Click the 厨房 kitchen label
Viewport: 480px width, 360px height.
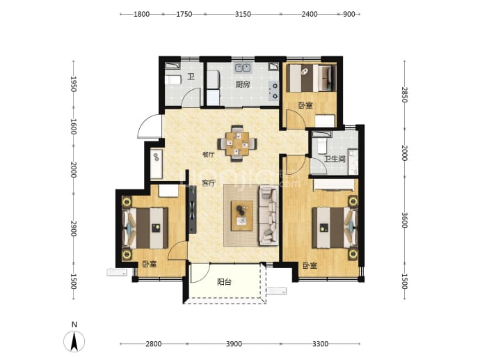point(243,84)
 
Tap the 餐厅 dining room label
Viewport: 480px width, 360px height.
point(208,155)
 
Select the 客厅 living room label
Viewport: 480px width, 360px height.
point(209,183)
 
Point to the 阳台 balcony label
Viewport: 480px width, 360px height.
point(224,282)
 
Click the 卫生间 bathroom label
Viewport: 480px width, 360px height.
point(335,159)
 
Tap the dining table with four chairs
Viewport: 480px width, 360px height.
point(237,143)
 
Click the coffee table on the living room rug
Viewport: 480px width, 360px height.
point(242,216)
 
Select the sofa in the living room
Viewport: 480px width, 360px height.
point(269,215)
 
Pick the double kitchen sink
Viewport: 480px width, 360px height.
point(243,68)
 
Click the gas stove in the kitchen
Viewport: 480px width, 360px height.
point(273,91)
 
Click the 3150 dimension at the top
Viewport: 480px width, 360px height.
point(243,14)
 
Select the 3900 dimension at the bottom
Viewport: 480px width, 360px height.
point(234,344)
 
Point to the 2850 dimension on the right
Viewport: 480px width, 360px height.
point(405,95)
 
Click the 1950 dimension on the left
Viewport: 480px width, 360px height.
point(74,84)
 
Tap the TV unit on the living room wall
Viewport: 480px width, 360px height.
point(192,210)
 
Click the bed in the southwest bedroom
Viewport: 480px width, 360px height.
point(145,228)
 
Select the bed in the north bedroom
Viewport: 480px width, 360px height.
point(310,78)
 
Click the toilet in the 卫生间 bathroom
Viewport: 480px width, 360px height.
point(321,146)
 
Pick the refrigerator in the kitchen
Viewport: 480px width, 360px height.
point(214,79)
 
